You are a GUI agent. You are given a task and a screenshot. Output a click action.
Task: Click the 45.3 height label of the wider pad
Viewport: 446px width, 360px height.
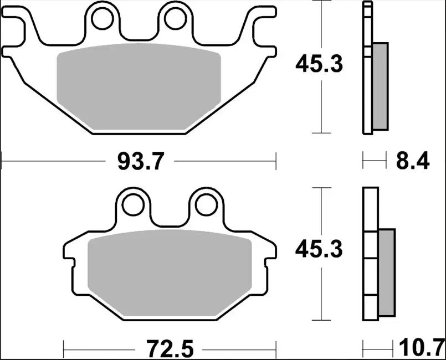(x=319, y=65)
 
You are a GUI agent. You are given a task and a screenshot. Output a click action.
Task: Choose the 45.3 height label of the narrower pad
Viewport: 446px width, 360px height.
(x=319, y=250)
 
